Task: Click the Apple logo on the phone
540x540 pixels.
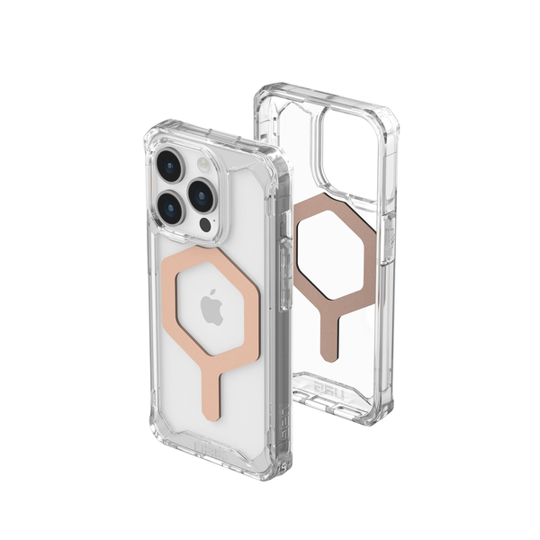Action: tap(211, 309)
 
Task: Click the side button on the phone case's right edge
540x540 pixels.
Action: tap(269, 270)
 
